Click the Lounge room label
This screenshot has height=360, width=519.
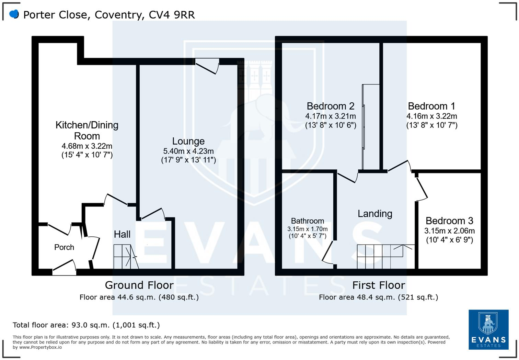pos(188,141)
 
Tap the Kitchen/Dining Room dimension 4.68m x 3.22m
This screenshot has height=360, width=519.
pos(87,146)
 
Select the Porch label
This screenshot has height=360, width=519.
pos(64,247)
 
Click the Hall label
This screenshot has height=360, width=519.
pos(122,234)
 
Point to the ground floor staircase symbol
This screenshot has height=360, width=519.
pos(126,257)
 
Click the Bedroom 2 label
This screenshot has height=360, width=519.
pos(330,106)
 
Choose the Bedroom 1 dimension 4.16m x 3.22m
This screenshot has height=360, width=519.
pos(432,116)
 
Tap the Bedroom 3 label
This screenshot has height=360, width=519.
pos(449,221)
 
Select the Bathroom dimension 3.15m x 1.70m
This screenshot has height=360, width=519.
pos(307,229)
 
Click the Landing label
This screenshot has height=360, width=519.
pos(375,214)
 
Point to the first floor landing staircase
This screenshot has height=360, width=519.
pos(384,256)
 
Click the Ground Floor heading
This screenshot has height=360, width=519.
pos(139,285)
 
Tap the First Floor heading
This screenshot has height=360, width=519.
pos(379,285)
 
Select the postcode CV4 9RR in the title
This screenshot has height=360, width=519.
pos(172,15)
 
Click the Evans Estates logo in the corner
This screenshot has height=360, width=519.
pos(488,329)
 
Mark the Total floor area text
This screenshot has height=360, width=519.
pos(86,325)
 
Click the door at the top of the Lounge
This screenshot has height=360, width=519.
pos(207,66)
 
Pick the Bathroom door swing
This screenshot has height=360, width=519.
pos(328,253)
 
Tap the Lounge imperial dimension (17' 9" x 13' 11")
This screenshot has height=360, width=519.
pos(188,160)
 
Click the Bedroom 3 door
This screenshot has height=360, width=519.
pos(422,187)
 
